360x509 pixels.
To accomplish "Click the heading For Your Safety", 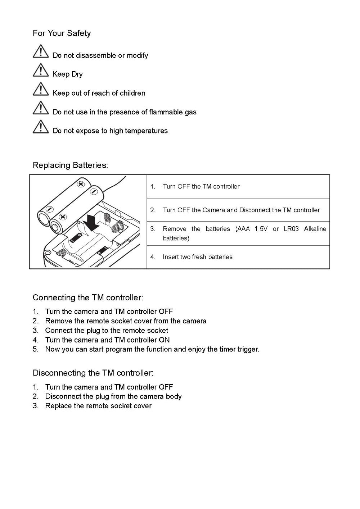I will (x=62, y=33).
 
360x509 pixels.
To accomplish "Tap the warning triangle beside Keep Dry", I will (x=41, y=70).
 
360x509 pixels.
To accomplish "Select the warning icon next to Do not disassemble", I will (x=41, y=51).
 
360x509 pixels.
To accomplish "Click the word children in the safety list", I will (x=132, y=93).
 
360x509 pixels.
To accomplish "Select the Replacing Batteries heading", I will (x=70, y=165).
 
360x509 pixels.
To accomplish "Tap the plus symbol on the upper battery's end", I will (x=81, y=184).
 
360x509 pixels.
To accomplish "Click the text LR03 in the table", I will (x=291, y=229).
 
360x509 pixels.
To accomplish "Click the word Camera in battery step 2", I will (x=214, y=210).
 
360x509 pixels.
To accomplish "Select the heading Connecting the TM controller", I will (x=88, y=298).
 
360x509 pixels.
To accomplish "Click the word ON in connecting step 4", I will (x=164, y=340).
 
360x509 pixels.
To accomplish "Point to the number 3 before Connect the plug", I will (x=35, y=331).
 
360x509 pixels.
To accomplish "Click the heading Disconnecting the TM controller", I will (x=93, y=373).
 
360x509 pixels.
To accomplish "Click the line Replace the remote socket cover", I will (x=98, y=406).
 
